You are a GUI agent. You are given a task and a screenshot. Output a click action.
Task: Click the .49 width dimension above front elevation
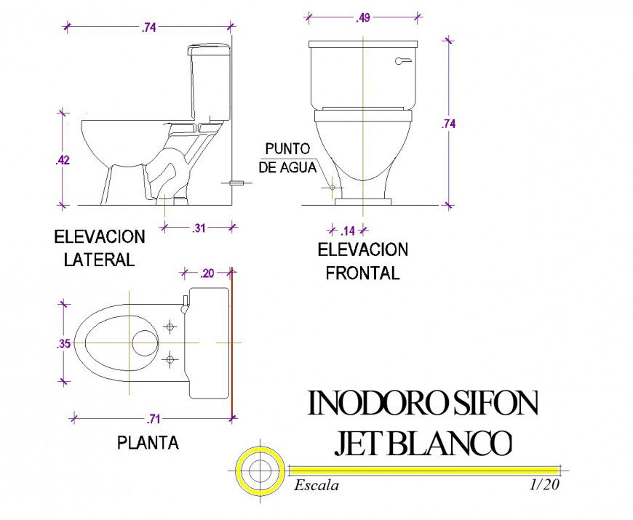coord(363,18)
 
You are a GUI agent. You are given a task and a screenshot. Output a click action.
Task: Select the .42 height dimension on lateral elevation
coord(63,160)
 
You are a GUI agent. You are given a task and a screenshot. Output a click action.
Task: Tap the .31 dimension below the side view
coord(198,228)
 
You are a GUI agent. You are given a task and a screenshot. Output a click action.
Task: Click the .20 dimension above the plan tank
coord(207,273)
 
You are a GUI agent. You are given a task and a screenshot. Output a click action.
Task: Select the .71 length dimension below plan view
coord(154,418)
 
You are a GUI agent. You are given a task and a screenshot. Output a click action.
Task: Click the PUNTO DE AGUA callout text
coord(288,158)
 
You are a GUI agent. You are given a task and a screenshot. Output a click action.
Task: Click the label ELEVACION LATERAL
coord(100,248)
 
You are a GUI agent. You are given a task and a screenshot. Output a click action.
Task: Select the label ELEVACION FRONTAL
coord(362,262)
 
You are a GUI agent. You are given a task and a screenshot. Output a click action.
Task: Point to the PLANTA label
coord(148,442)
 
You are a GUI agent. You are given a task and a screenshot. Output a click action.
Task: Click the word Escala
coord(316,485)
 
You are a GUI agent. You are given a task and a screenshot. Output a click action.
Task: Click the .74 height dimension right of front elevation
coord(448,124)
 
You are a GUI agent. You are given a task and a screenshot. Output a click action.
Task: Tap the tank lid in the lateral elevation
coord(210,50)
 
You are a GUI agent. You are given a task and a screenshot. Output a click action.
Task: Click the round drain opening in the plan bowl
coord(146,343)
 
